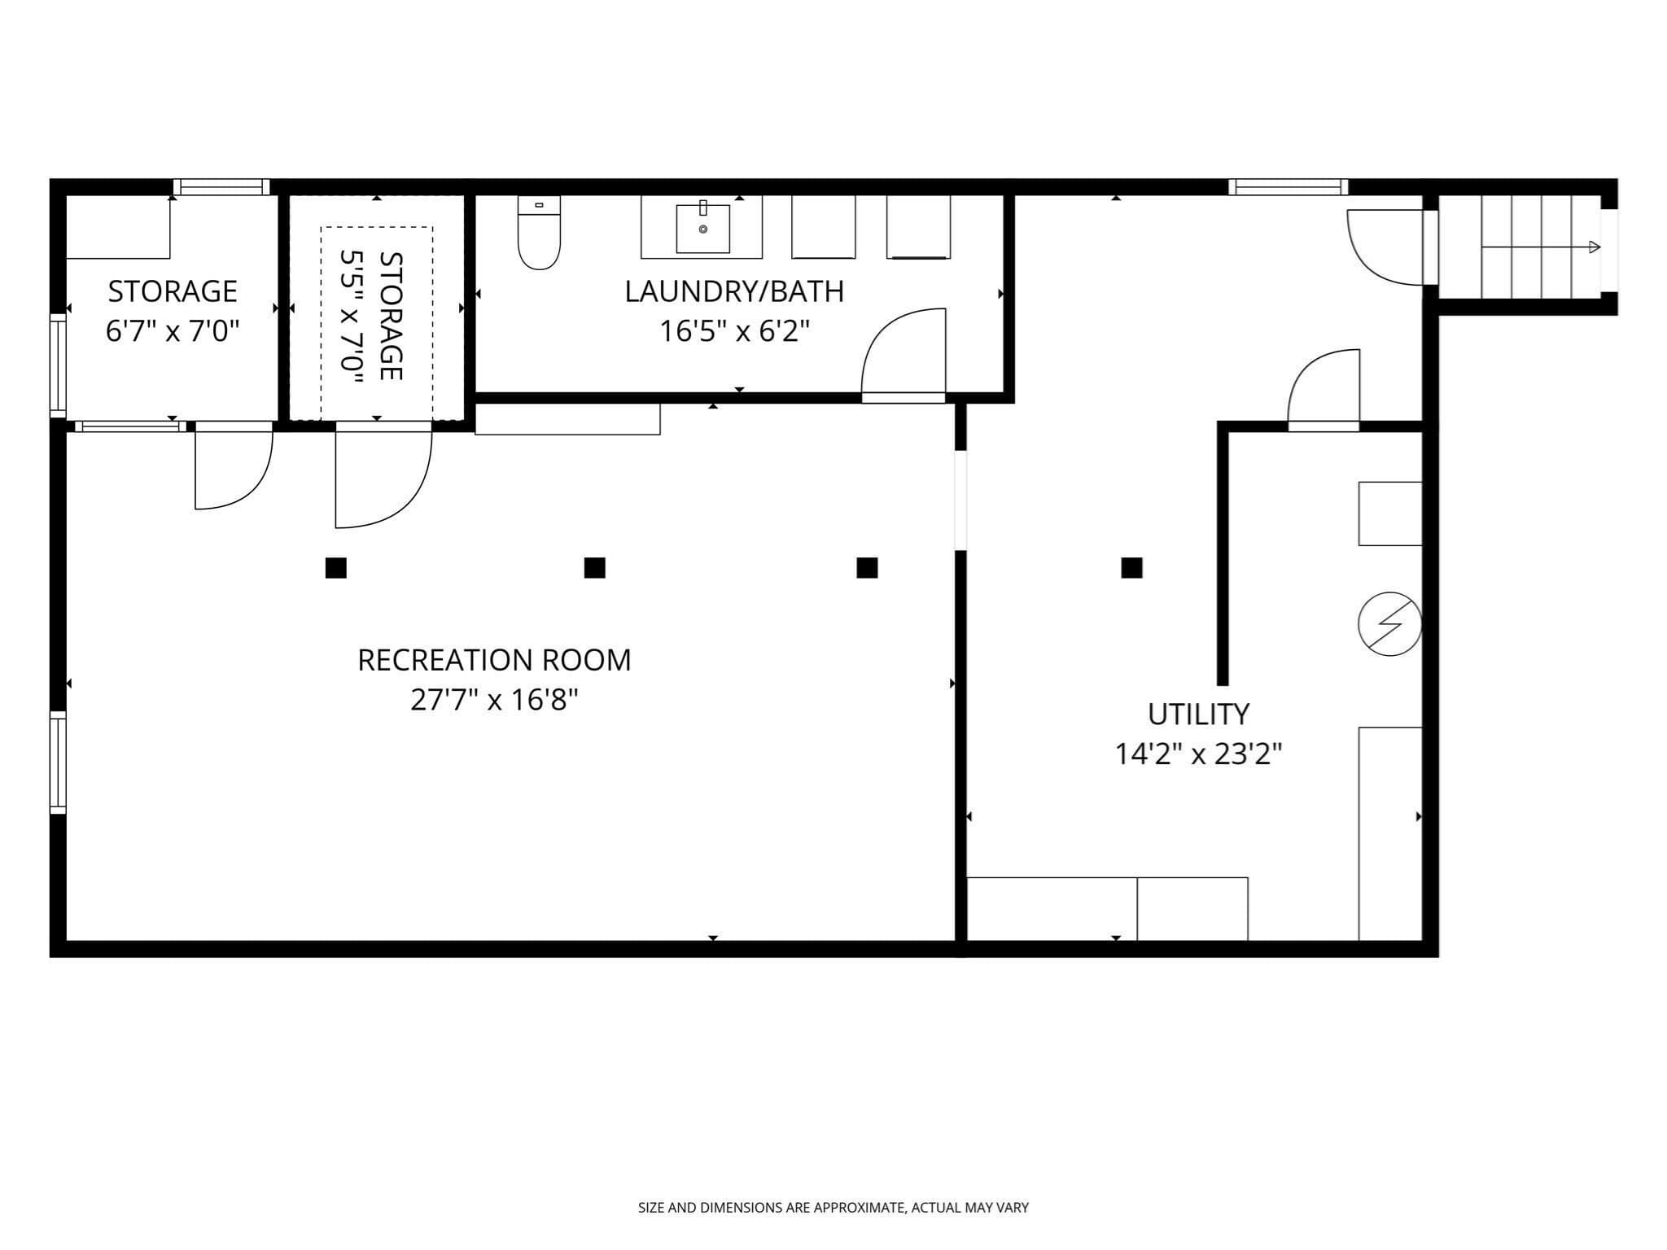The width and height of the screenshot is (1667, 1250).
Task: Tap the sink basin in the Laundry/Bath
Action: pos(702,229)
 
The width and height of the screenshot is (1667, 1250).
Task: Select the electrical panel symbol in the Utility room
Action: pos(1389,624)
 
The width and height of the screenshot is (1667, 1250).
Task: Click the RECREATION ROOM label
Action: pos(494,660)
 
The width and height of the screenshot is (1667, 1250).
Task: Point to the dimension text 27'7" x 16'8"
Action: pos(494,699)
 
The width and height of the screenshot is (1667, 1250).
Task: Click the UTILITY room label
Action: pos(1198,715)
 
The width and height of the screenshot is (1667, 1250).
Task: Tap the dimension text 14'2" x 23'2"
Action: pos(1198,754)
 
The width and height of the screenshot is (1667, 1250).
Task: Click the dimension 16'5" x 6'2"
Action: pos(734,331)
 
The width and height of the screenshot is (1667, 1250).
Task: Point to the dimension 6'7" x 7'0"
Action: pos(173,331)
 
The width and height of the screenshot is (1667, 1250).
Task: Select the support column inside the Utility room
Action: pos(1131,567)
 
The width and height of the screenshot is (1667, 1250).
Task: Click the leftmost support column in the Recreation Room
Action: pos(335,567)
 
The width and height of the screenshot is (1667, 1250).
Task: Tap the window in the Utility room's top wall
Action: pos(1288,187)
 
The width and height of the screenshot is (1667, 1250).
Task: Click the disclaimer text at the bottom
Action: pos(833,1208)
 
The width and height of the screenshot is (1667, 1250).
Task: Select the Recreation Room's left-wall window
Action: pos(58,762)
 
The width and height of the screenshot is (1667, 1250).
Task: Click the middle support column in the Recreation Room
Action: pos(595,567)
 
